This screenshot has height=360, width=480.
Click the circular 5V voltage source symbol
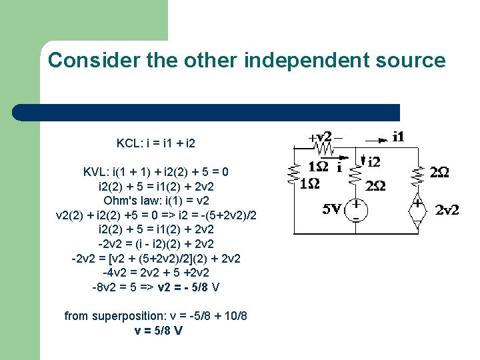358,209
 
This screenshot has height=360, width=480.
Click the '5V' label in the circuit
333,209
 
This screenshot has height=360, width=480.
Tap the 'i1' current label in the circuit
398,137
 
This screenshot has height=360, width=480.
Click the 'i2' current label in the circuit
374,161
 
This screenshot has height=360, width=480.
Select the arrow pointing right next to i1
377,141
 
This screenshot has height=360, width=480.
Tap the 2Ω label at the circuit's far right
439,173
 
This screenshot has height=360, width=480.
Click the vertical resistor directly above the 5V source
357,174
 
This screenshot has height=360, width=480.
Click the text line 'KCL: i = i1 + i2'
156,143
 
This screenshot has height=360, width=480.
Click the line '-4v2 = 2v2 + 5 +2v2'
156,273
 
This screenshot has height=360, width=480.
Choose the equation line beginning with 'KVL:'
156,172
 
